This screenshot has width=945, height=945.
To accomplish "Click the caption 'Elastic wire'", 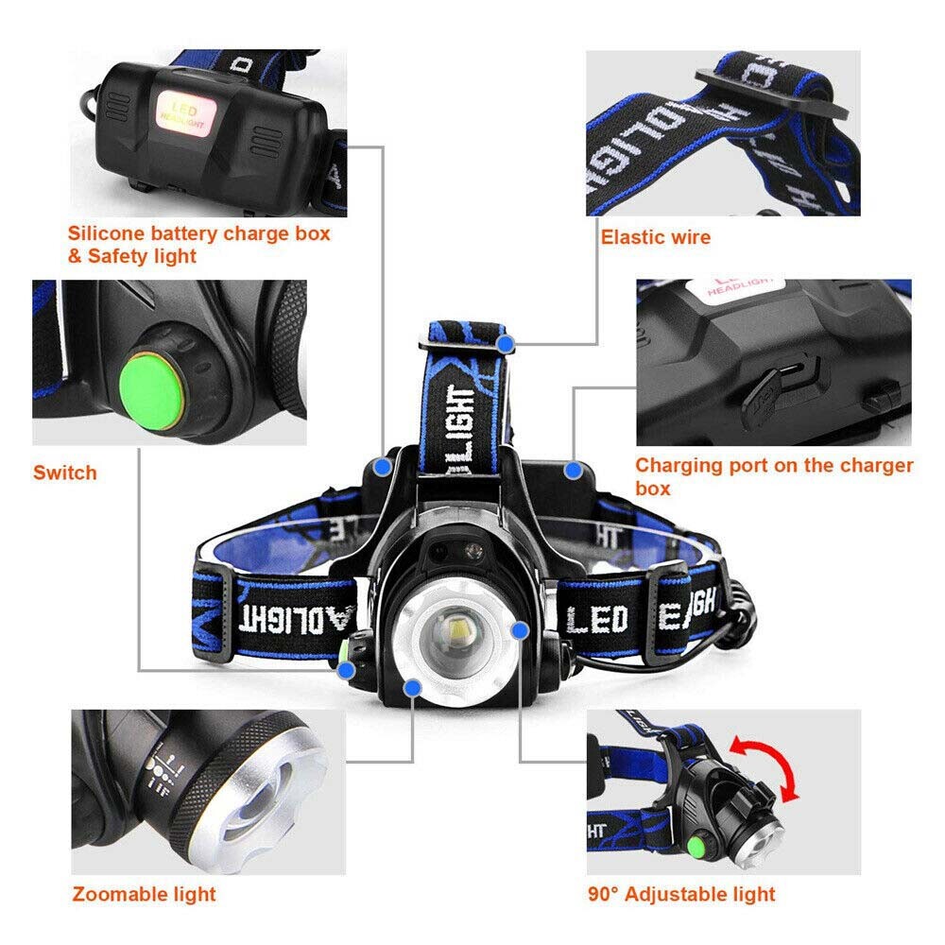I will (x=655, y=236).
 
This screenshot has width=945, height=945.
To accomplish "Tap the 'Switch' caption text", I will (x=65, y=472).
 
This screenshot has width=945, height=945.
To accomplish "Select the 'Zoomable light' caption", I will (x=145, y=893).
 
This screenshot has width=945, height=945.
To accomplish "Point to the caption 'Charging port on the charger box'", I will (x=773, y=475).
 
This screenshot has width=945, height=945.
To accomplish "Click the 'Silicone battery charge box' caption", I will (x=198, y=233).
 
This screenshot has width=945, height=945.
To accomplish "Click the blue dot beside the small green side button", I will (x=347, y=670).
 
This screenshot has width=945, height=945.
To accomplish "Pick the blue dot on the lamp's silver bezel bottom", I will (x=412, y=689).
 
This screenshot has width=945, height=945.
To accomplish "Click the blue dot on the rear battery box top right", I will (x=572, y=470).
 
